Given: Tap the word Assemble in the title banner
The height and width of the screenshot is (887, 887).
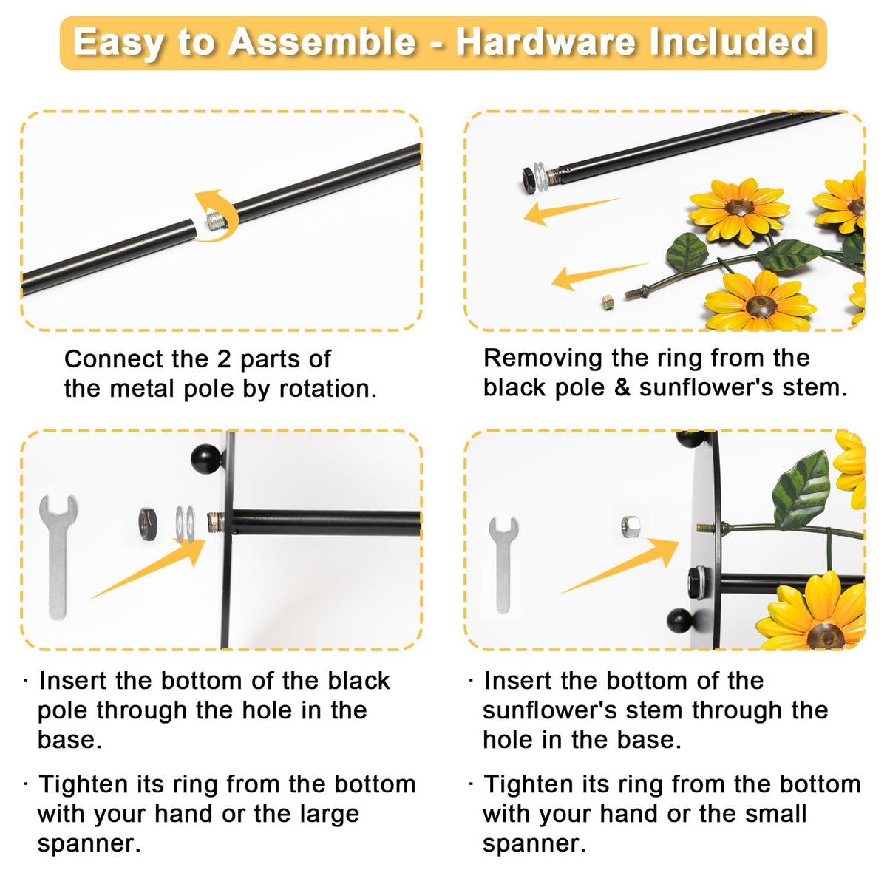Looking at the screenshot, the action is pyautogui.click(x=322, y=42).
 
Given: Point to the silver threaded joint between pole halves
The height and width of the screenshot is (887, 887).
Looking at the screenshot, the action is pyautogui.click(x=215, y=220).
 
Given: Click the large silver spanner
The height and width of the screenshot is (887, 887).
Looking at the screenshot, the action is pyautogui.click(x=58, y=557).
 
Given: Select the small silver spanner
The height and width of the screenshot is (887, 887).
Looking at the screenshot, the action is pyautogui.click(x=503, y=565).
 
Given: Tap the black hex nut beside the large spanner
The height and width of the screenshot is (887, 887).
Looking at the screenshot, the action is pyautogui.click(x=149, y=524).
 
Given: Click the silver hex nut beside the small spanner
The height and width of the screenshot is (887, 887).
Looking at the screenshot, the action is pyautogui.click(x=630, y=526).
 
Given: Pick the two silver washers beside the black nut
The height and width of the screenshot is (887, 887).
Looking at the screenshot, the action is pyautogui.click(x=186, y=524).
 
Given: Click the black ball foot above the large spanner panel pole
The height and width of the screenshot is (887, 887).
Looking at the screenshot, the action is pyautogui.click(x=206, y=459).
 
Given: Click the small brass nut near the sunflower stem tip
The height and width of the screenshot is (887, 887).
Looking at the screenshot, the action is pyautogui.click(x=608, y=302).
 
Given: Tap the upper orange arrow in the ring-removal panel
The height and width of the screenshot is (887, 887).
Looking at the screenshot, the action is pyautogui.click(x=571, y=211).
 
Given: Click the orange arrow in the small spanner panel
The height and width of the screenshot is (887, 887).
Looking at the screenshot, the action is pyautogui.click(x=619, y=565).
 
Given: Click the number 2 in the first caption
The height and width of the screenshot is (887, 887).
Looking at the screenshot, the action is pyautogui.click(x=223, y=359).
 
